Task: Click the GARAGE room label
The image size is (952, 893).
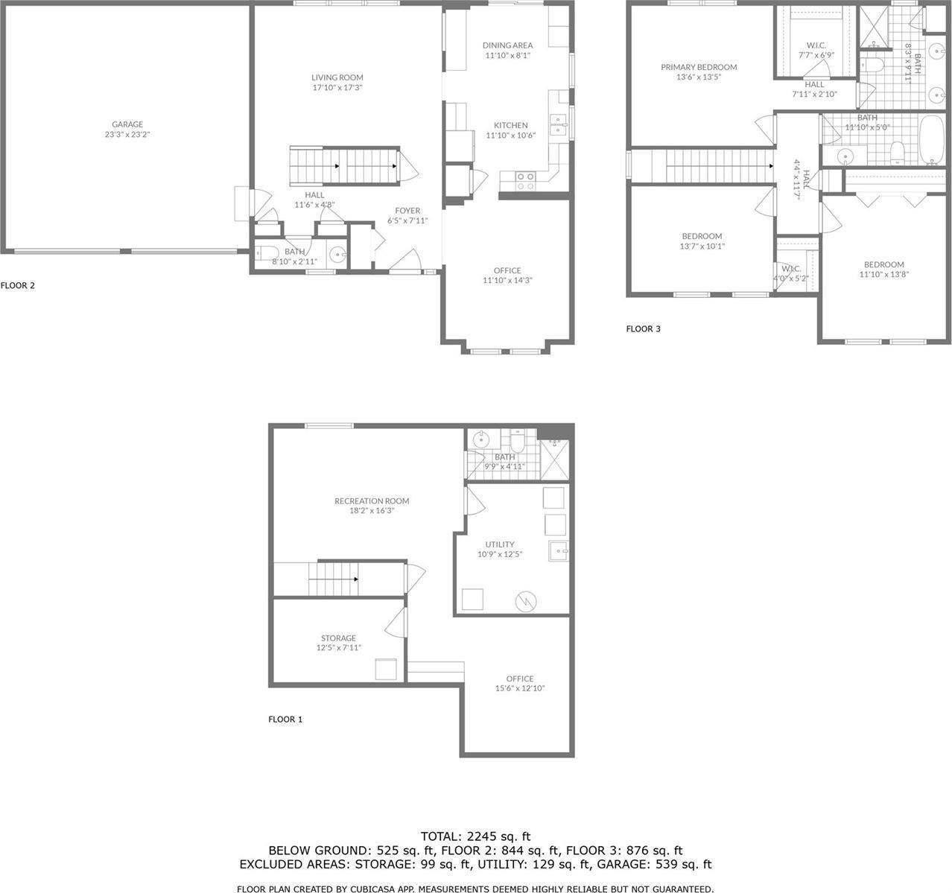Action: pos(127,124)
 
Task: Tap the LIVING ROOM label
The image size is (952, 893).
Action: pos(337,77)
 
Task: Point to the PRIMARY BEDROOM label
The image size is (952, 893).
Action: pos(698,67)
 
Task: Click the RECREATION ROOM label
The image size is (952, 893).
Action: pos(372,501)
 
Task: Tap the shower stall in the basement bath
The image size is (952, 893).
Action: pos(553,457)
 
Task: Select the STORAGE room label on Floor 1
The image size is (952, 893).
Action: pos(338,638)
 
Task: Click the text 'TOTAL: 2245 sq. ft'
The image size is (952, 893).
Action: pos(475,836)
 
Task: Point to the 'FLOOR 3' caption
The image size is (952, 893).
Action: pos(643,328)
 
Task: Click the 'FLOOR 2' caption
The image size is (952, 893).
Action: pos(18,285)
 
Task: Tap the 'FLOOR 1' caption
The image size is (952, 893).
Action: pos(285,719)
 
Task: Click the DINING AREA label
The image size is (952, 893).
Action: pos(507,45)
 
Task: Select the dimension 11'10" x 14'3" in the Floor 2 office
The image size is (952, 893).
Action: pos(507,281)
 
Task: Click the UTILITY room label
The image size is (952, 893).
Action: pos(499,544)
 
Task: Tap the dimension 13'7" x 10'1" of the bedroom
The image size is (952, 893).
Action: pos(702,247)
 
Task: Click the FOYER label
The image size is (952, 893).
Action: pos(407,211)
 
